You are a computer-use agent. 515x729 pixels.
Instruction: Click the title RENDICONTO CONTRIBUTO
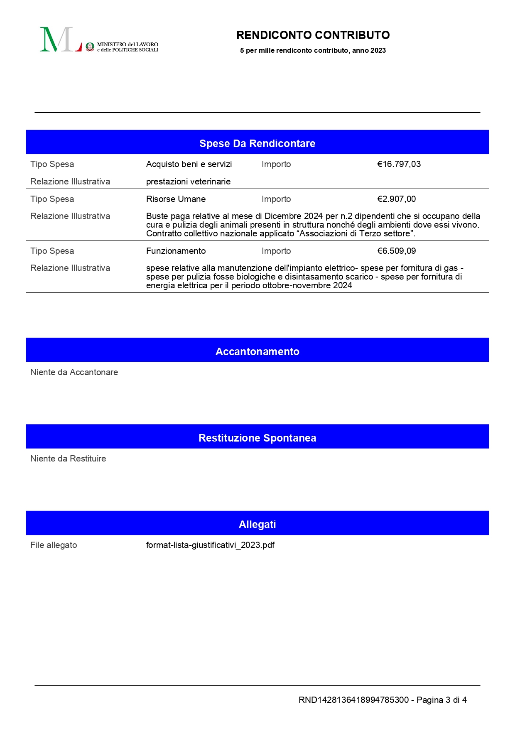point(313,35)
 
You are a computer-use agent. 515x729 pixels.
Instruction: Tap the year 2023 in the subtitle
point(378,51)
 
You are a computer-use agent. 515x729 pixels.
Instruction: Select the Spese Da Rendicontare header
point(257,143)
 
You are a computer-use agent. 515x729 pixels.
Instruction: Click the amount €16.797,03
point(399,164)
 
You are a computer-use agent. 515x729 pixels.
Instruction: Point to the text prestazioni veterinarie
point(188,182)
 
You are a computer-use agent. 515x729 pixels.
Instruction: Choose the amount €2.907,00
point(396,199)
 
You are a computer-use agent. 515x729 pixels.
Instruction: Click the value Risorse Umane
point(176,199)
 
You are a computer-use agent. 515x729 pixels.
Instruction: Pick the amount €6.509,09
point(396,251)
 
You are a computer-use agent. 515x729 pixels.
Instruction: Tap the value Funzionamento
point(176,251)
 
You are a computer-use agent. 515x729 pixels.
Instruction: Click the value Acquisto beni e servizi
point(189,164)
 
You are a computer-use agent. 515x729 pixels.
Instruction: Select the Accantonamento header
point(257,351)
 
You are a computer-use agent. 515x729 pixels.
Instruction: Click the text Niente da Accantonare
point(74,372)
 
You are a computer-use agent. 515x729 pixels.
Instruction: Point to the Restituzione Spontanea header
point(257,438)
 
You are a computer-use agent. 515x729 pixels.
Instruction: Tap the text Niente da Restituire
point(68,459)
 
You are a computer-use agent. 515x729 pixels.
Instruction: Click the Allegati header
point(257,524)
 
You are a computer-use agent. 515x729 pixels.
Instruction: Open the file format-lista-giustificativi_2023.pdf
point(210,545)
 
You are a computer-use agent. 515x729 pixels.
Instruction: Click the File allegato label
point(54,545)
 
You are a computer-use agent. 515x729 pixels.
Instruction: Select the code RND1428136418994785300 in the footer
point(353,700)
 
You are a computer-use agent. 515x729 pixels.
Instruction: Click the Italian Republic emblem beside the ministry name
point(90,47)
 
